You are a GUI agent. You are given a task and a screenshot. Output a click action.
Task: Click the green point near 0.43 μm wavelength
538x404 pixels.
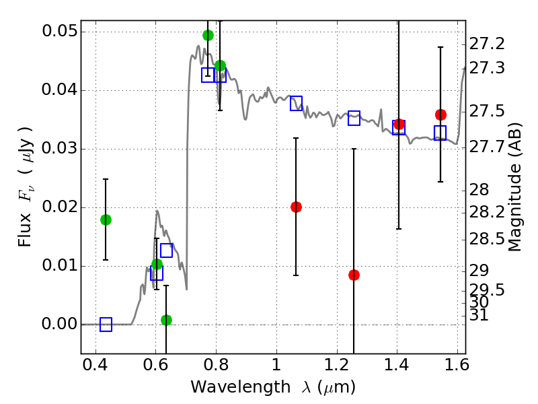point(106,220)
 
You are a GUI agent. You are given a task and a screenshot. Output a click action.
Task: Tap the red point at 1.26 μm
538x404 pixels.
point(354,275)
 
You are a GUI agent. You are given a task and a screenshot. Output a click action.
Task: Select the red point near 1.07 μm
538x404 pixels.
point(296,207)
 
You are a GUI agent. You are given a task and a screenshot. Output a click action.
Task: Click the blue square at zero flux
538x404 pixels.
point(106,325)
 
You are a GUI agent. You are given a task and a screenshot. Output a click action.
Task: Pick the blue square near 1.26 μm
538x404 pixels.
point(354,119)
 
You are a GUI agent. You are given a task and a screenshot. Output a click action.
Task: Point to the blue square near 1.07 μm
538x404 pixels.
point(296,103)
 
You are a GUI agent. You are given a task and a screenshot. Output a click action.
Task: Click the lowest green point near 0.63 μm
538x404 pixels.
point(166,320)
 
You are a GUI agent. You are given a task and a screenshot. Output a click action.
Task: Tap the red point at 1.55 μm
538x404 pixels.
point(440,114)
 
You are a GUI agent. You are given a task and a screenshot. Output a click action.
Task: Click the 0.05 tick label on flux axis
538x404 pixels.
point(59,32)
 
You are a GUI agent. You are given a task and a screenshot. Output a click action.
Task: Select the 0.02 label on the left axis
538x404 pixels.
point(59,207)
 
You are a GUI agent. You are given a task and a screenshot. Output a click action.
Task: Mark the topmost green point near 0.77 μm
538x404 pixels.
point(208,35)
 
